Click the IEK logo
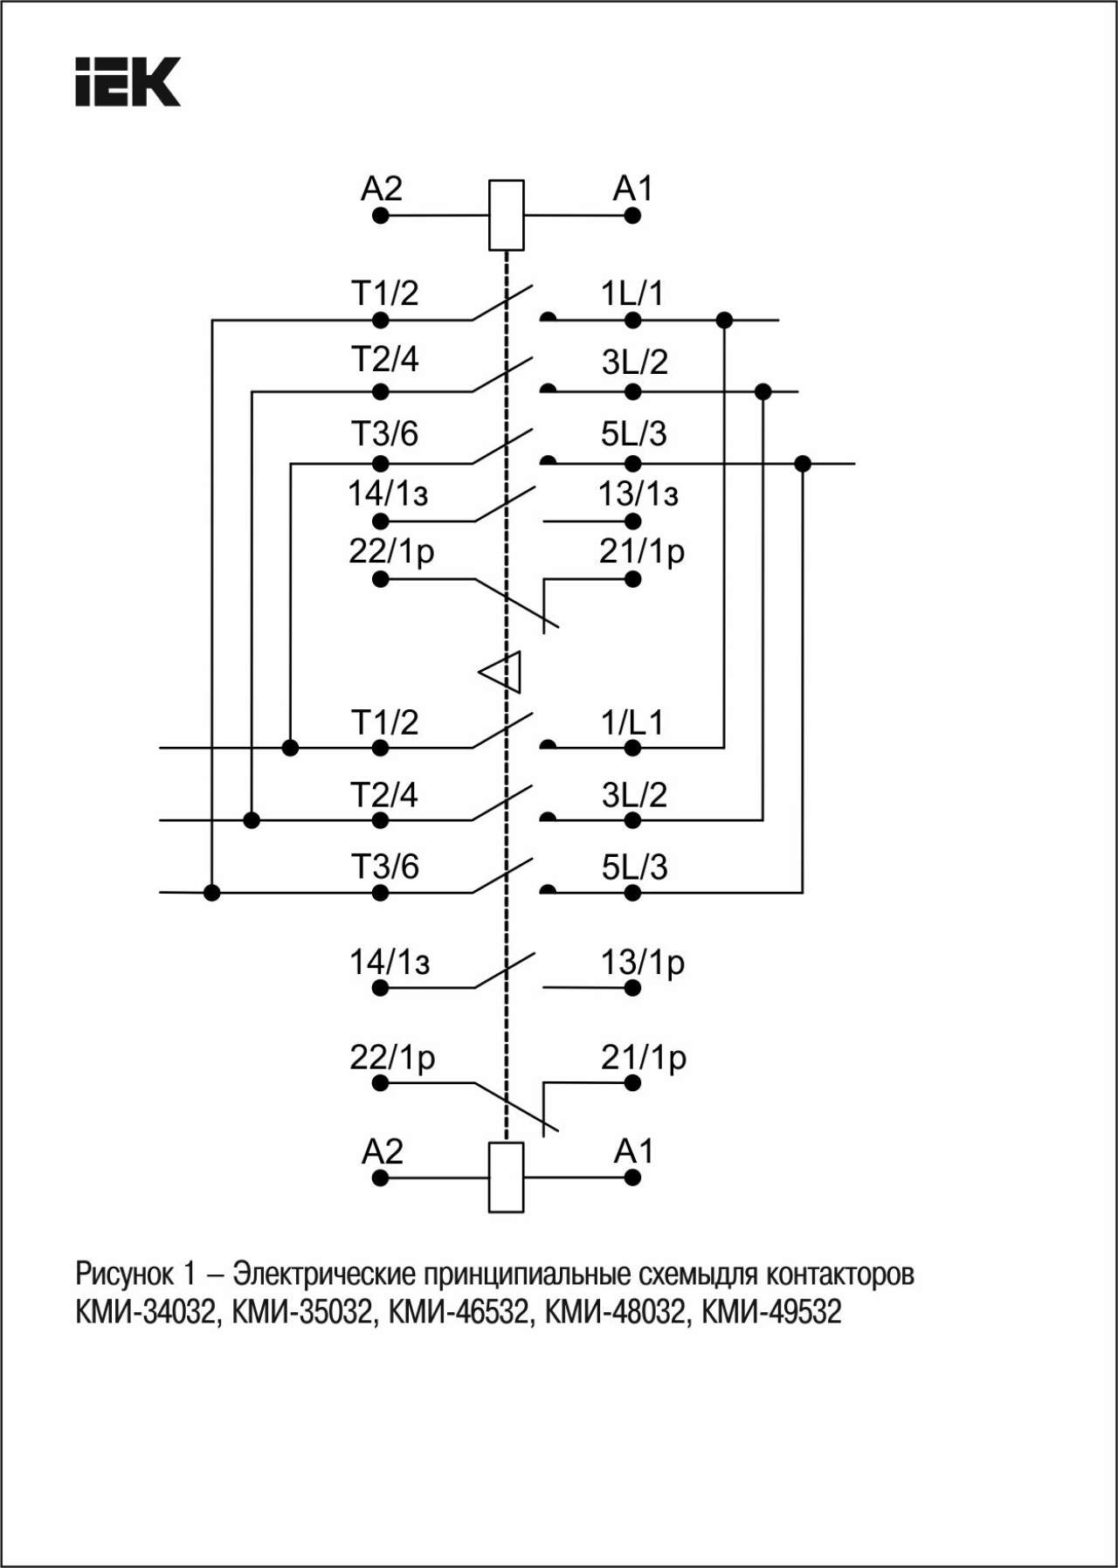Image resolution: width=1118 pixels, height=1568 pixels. (128, 82)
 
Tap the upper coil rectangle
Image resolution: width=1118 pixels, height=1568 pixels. (506, 215)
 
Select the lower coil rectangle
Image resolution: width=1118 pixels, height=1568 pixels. (506, 1177)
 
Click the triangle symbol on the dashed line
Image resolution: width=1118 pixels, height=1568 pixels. (501, 672)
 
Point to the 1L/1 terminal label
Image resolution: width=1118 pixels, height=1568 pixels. (631, 293)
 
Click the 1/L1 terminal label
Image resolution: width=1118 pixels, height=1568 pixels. (632, 722)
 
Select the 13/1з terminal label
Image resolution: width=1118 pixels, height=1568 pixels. (638, 494)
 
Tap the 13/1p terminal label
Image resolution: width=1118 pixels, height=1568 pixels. (642, 963)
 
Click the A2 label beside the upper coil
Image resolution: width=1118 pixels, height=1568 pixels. (382, 189)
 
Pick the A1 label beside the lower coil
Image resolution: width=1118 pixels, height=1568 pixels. (633, 1151)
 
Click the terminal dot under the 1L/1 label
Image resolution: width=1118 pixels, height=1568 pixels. (633, 321)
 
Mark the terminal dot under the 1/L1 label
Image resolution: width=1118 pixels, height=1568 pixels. (633, 748)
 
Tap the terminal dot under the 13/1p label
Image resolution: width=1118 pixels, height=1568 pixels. (633, 988)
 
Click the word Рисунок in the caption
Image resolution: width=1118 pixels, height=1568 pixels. (124, 1274)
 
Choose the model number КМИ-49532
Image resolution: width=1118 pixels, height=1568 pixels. (772, 1312)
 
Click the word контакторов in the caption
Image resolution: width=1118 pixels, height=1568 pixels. (840, 1274)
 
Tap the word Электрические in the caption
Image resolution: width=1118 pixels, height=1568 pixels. (324, 1274)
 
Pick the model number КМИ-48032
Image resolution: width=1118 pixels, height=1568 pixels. (616, 1312)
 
